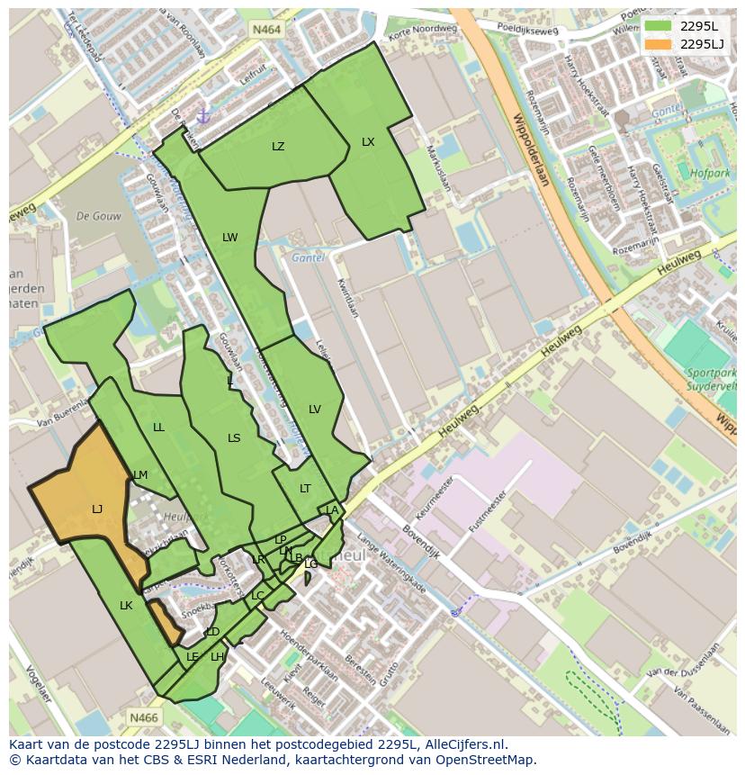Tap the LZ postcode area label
[x=278, y=147]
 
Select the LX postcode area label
[x=368, y=142]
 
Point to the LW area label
[x=230, y=238]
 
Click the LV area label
[x=315, y=410]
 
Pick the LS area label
[x=234, y=438]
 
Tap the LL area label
[x=158, y=428]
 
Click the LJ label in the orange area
[x=97, y=509]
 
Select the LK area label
[x=126, y=606]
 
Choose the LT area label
[x=305, y=489]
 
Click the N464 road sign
[x=266, y=30]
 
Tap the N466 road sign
[x=144, y=717]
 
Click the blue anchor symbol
[x=202, y=116]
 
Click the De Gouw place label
[x=99, y=216]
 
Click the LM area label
[x=140, y=475]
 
